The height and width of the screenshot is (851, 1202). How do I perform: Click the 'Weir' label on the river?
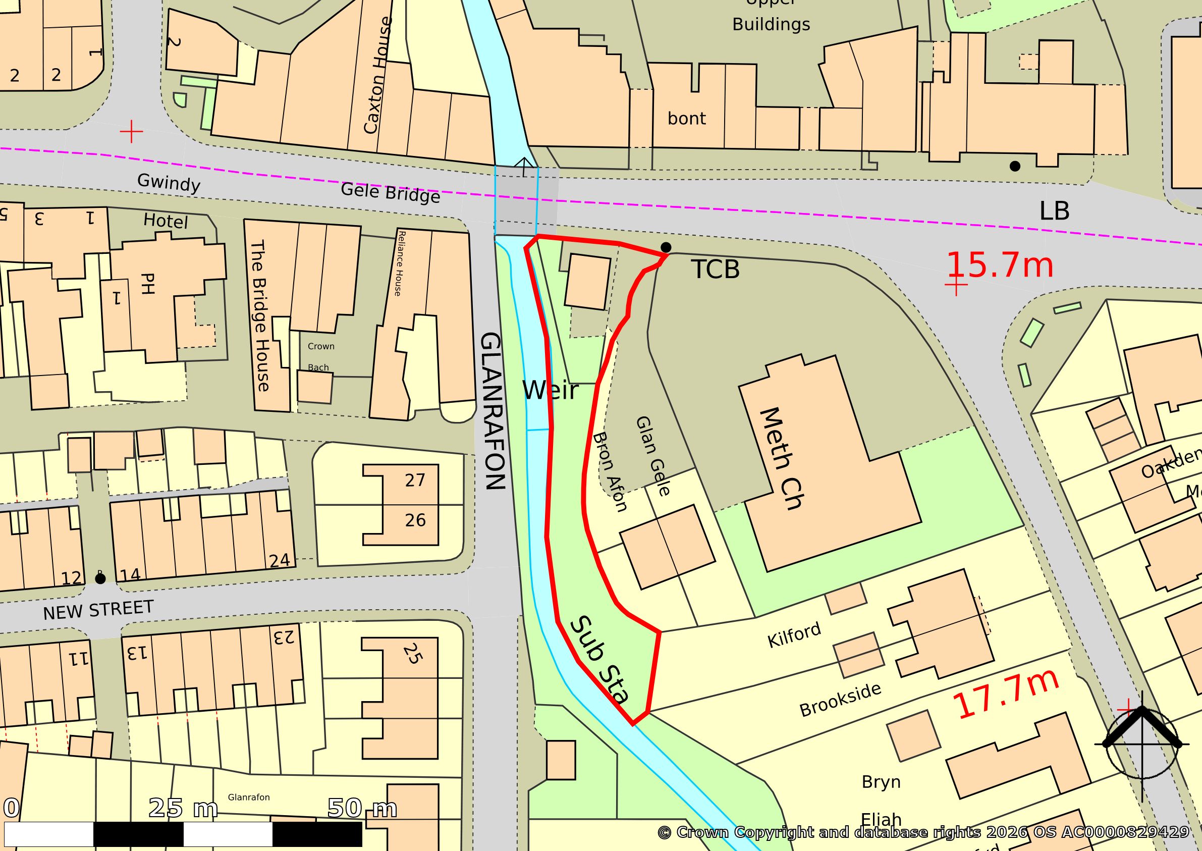(550, 391)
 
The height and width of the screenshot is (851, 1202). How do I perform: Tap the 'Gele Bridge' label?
(390, 193)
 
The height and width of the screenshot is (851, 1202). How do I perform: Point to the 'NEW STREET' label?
(98, 610)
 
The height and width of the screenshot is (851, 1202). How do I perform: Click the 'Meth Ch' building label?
(780, 459)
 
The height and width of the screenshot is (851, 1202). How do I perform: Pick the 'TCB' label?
(716, 270)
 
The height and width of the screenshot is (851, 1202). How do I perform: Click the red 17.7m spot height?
(1006, 696)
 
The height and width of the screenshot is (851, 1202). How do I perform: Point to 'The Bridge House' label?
(261, 316)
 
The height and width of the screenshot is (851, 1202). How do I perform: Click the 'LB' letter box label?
(1054, 210)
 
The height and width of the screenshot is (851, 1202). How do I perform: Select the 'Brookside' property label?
(840, 700)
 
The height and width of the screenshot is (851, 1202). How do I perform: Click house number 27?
(415, 481)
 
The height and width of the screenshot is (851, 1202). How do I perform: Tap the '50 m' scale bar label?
(361, 808)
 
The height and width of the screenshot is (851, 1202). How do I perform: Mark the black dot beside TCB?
(666, 247)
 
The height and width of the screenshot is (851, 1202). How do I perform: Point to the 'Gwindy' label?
(168, 183)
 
